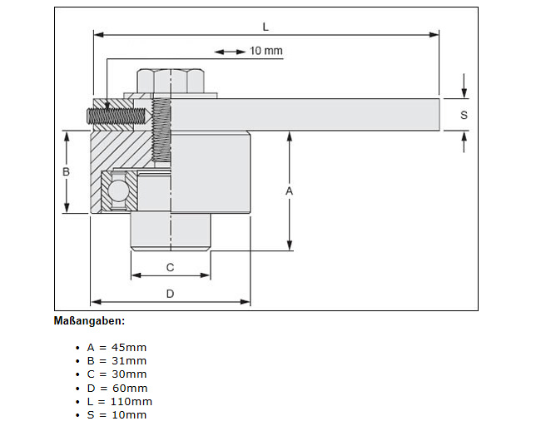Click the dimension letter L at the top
(266, 26)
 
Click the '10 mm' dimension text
(266, 52)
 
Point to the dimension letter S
(464, 115)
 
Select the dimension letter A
(289, 191)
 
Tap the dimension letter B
(66, 171)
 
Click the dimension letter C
(170, 267)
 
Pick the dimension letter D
(170, 293)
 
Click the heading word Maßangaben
(89, 320)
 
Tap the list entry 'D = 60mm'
(117, 388)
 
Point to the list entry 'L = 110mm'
(119, 401)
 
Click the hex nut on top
(171, 81)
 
